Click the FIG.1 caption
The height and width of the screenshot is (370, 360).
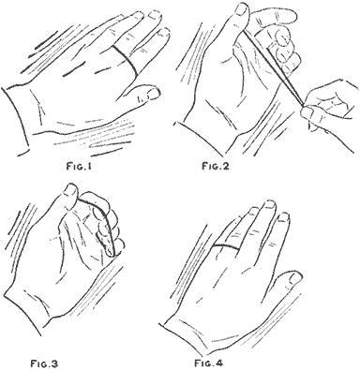[x=79, y=167]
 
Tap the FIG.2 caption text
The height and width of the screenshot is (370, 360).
[x=216, y=166]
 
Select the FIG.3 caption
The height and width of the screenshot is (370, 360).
[x=44, y=363]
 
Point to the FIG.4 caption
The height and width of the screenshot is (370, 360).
[x=208, y=363]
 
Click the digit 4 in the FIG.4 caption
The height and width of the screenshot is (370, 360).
[x=218, y=363]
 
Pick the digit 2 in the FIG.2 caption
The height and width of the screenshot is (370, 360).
[x=226, y=166]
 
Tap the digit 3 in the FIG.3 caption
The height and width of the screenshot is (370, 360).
[x=54, y=363]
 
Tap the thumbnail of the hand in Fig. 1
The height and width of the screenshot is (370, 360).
[x=153, y=94]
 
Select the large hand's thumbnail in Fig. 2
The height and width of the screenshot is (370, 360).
[x=242, y=9]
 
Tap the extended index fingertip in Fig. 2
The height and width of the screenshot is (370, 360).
[x=288, y=15]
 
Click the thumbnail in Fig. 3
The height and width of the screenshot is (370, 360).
[x=69, y=190]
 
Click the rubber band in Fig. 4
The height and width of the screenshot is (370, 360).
[x=226, y=246]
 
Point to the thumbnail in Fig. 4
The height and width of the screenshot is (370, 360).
[x=294, y=277]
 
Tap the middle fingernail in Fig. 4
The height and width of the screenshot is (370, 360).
[x=270, y=205]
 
